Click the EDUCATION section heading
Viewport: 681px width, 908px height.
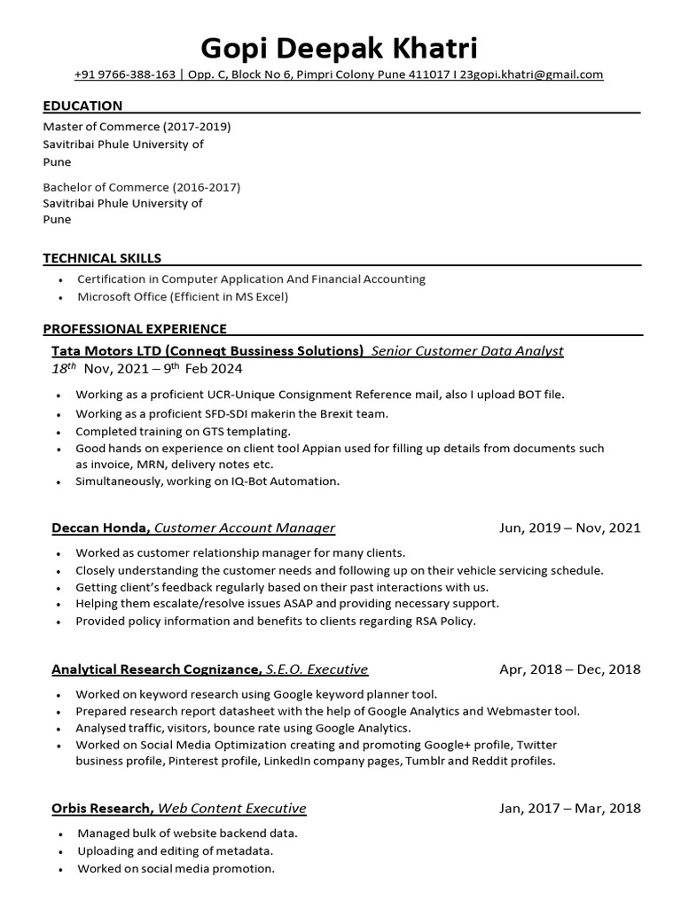point(82,106)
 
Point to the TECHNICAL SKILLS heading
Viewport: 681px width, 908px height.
point(102,258)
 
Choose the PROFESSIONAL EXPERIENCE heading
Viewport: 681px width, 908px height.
point(135,328)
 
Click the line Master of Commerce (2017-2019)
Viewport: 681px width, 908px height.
point(137,127)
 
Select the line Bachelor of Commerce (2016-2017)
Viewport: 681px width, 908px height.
point(141,187)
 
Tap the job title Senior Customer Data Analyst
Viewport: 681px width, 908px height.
point(467,350)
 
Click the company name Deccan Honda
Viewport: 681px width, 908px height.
point(100,528)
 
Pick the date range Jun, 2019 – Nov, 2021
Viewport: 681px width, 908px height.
point(569,528)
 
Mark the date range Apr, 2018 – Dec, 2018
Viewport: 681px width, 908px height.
point(569,669)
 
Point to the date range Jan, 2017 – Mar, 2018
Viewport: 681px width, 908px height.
point(569,808)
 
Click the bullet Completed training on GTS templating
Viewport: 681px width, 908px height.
point(183,431)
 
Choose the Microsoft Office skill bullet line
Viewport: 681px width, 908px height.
point(183,296)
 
